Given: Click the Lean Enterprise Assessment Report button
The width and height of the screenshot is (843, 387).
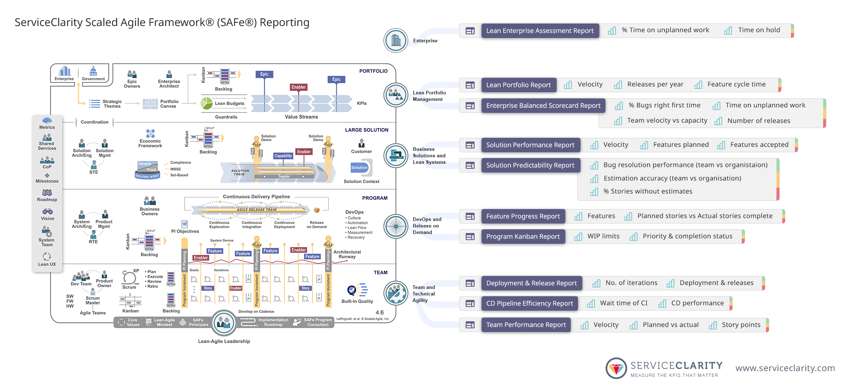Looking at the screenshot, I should [x=540, y=31].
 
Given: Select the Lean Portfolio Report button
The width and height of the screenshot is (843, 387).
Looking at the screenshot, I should [x=518, y=85].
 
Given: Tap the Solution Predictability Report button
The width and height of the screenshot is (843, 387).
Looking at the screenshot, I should [x=530, y=165].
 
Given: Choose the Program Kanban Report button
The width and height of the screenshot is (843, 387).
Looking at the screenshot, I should [x=523, y=237].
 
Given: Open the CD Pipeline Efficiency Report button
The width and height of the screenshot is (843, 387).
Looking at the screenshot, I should [x=529, y=303].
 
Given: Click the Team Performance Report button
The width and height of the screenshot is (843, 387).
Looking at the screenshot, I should [x=526, y=325].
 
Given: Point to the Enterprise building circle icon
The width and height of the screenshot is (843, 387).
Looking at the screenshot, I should [x=396, y=41].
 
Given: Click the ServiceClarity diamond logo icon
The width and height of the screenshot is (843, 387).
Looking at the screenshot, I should [x=616, y=368].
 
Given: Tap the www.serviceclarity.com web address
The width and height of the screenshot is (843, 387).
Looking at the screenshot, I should [x=785, y=368].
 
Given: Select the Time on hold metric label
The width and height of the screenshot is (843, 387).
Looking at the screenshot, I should [x=759, y=30].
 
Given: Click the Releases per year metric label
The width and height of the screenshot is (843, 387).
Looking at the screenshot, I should [x=655, y=84].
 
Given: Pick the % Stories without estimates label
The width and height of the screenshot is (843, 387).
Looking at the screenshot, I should [x=648, y=191].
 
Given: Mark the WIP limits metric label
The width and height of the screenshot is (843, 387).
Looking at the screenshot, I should [x=603, y=236].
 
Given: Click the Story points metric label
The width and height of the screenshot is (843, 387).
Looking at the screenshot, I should [x=741, y=325].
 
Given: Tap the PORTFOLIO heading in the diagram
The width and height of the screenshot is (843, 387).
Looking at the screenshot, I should [x=373, y=71].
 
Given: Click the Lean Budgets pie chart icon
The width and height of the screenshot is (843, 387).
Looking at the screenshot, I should [x=207, y=103].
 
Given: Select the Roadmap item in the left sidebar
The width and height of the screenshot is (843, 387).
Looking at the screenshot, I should [x=47, y=195].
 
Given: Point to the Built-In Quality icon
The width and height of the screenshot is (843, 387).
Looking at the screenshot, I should [x=357, y=290].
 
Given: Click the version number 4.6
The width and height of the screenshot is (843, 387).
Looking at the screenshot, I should [x=380, y=312].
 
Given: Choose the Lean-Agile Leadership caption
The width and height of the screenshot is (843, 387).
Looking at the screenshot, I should [x=224, y=341].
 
